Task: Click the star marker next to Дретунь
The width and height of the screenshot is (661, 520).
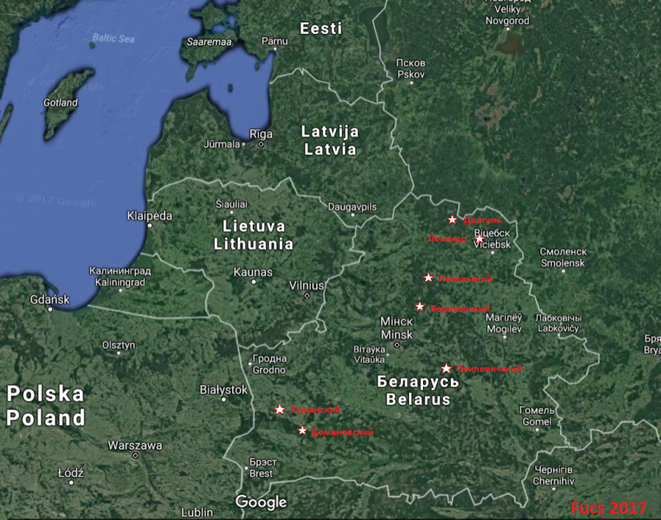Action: [x=452, y=219]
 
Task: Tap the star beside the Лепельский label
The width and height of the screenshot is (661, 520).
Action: [x=428, y=278]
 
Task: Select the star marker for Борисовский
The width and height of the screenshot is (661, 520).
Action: [x=420, y=307]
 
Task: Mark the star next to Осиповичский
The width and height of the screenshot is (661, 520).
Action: [x=446, y=368]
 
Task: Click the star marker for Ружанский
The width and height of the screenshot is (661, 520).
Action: [x=280, y=409]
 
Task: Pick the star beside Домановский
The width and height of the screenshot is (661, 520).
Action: [x=302, y=431]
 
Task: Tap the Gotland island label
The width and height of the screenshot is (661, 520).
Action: [x=61, y=103]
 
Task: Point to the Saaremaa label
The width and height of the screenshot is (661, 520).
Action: [x=207, y=41]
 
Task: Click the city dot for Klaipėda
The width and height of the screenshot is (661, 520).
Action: [x=150, y=225]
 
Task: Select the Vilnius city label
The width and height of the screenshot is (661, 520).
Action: [x=307, y=284]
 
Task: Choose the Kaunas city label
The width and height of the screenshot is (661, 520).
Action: [x=253, y=271]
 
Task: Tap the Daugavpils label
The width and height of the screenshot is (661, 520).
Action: [x=352, y=206]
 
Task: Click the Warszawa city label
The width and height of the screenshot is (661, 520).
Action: [x=135, y=445]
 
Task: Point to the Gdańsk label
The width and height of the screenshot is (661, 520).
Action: [x=49, y=299]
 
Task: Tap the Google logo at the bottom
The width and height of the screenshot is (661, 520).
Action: [x=261, y=502]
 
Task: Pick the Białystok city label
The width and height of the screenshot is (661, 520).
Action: [x=223, y=389]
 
